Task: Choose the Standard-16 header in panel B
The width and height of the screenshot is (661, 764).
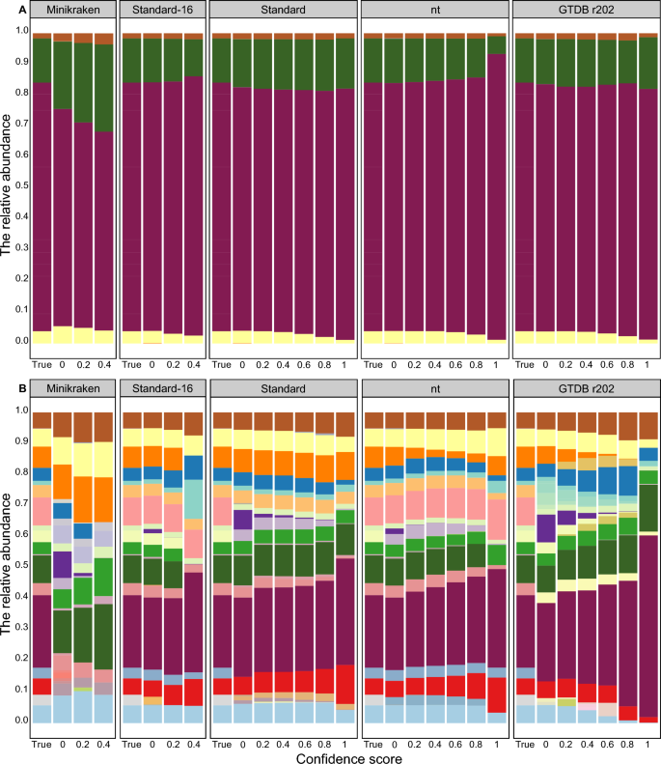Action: [x=162, y=389]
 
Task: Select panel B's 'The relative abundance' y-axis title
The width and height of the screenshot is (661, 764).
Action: [x=8, y=565]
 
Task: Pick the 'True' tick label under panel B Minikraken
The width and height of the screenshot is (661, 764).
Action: [x=41, y=742]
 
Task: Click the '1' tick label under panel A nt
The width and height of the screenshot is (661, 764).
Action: [x=496, y=365]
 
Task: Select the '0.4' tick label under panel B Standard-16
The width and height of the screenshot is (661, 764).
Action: [x=193, y=742]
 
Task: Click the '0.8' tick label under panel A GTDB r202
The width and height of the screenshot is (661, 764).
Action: [x=625, y=365]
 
